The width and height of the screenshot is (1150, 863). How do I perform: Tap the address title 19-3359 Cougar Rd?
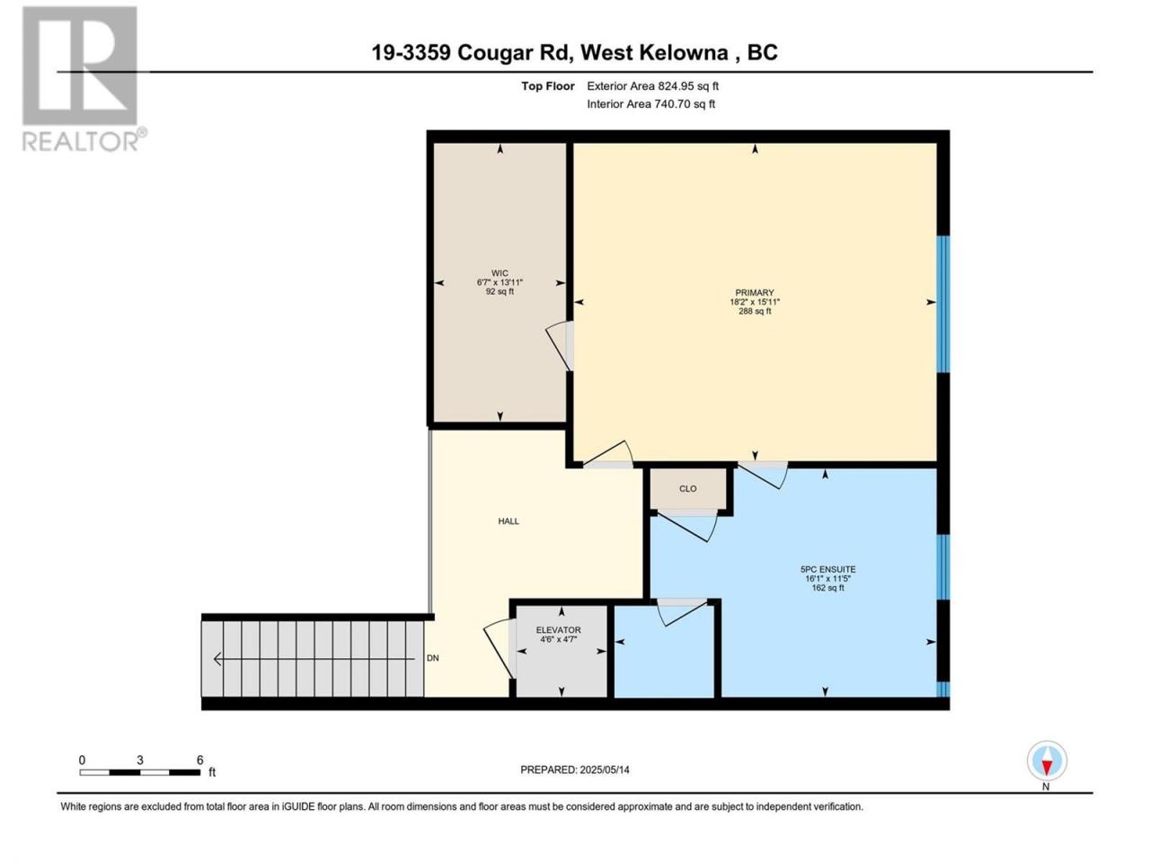click(x=470, y=53)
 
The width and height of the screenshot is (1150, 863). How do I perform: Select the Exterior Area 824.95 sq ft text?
click(x=653, y=86)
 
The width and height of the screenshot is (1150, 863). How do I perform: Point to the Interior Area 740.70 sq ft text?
click(x=650, y=103)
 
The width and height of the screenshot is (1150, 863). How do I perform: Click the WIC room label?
click(x=500, y=273)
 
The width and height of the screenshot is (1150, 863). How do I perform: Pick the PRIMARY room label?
click(x=755, y=292)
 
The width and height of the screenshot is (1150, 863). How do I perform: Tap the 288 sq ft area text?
click(x=755, y=311)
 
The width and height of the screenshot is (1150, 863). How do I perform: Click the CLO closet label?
click(x=687, y=489)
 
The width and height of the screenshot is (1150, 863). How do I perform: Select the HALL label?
click(x=509, y=521)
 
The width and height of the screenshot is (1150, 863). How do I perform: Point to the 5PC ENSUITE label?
click(x=827, y=570)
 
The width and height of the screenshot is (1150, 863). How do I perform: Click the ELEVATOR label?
click(x=558, y=630)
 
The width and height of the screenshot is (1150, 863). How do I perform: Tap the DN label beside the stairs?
click(x=432, y=658)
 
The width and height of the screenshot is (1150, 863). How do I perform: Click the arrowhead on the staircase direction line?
click(x=217, y=659)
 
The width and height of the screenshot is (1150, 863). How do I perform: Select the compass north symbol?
click(x=1047, y=761)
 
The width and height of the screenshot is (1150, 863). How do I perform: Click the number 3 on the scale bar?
click(x=140, y=760)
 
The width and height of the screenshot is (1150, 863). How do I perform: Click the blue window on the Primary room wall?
click(x=942, y=304)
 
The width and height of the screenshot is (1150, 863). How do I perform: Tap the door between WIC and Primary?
click(x=560, y=346)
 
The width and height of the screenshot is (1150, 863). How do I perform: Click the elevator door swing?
click(x=500, y=649)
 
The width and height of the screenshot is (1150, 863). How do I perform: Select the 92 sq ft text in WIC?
click(x=500, y=291)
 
